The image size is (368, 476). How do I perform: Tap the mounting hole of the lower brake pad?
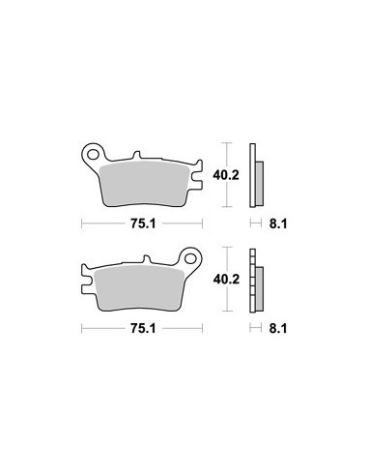[x=192, y=259]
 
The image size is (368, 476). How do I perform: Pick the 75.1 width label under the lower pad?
[x=143, y=328]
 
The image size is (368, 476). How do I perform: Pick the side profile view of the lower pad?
[x=256, y=282]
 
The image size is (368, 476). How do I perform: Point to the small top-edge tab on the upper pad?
[x=138, y=155]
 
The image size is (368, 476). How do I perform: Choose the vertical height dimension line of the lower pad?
[x=227, y=300]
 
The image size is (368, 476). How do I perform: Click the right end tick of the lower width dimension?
[x=205, y=328]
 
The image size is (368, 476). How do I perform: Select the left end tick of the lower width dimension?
[x=84, y=328]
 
